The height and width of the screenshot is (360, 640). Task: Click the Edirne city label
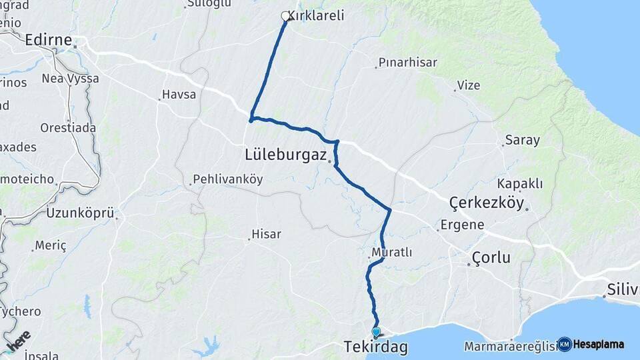[x=47, y=41]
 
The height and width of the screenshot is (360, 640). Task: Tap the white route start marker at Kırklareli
[x=286, y=16]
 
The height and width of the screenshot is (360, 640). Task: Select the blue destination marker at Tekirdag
[x=376, y=331]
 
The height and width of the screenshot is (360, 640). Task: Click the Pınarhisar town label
[x=407, y=63]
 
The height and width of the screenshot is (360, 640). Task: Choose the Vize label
[x=468, y=85]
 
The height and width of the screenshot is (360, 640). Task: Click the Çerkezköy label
[x=487, y=203]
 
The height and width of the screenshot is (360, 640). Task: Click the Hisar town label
[x=265, y=235]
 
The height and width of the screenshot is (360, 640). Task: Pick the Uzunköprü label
[x=79, y=213]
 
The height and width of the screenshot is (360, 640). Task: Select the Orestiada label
[x=68, y=127]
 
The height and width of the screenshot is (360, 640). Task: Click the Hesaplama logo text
[x=599, y=345]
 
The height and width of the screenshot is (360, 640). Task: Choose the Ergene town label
[x=463, y=225]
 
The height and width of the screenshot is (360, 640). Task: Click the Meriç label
[x=51, y=246]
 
